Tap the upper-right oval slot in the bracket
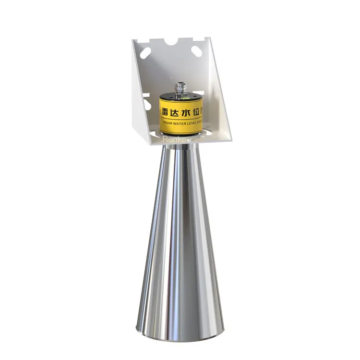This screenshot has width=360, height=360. pyautogui.click(x=197, y=50)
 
